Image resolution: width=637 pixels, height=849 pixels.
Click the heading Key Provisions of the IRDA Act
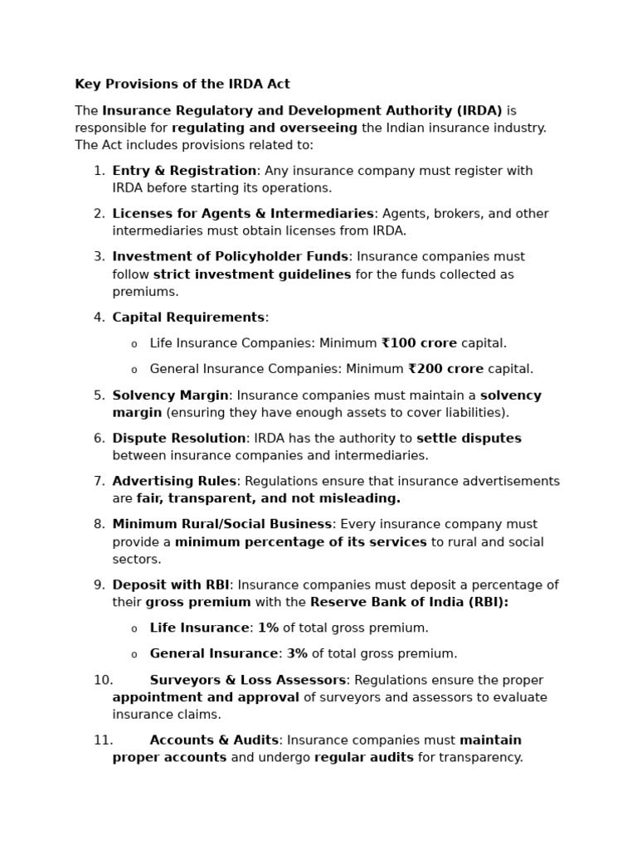click(x=182, y=85)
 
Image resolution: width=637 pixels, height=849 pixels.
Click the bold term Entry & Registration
click(x=184, y=171)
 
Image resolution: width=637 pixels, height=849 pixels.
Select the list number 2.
click(x=99, y=214)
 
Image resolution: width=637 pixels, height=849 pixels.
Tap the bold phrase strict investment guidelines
click(x=252, y=274)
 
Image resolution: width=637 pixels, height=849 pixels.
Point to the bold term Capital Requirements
click(x=188, y=318)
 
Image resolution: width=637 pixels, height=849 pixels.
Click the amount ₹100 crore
click(x=419, y=343)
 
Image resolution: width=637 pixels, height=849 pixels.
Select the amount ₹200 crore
click(x=445, y=369)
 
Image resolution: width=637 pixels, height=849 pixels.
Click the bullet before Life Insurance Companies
click(x=134, y=344)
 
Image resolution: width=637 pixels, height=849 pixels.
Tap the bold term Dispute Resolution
click(x=179, y=439)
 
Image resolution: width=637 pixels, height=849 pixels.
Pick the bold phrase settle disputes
click(x=469, y=439)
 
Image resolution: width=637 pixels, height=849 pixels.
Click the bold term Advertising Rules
click(x=174, y=482)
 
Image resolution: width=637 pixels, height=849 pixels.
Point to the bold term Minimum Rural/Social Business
click(x=222, y=525)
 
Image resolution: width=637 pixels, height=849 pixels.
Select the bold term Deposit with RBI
click(x=171, y=585)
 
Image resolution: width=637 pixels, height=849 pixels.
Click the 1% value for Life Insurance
click(x=268, y=628)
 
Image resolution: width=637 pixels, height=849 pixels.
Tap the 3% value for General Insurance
click(x=297, y=654)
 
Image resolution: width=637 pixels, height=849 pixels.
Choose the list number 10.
click(x=103, y=681)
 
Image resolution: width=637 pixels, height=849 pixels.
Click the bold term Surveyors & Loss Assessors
click(x=247, y=681)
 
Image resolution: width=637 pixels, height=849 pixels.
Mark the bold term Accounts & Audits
click(x=214, y=740)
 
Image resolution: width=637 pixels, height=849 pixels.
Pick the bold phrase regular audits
click(x=363, y=758)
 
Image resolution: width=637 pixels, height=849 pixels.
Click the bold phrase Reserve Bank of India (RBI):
click(x=409, y=603)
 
